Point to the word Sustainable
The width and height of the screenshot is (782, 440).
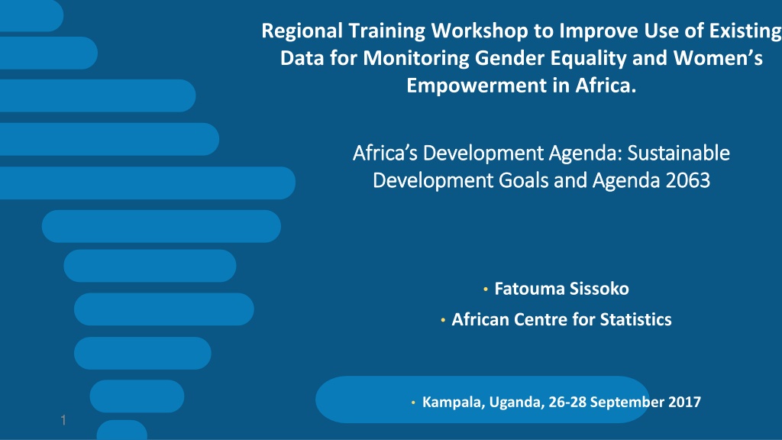tap(678, 153)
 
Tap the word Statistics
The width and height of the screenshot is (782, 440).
tap(635, 320)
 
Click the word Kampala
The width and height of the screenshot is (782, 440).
tap(454, 402)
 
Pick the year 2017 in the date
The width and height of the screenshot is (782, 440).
tap(684, 402)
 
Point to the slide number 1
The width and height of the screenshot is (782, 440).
tap(63, 421)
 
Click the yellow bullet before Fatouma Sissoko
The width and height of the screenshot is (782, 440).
tap(485, 290)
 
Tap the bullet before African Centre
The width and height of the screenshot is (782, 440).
tap(443, 320)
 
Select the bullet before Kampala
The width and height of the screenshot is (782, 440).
tap(413, 403)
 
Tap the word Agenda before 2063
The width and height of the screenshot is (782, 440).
tap(625, 180)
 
